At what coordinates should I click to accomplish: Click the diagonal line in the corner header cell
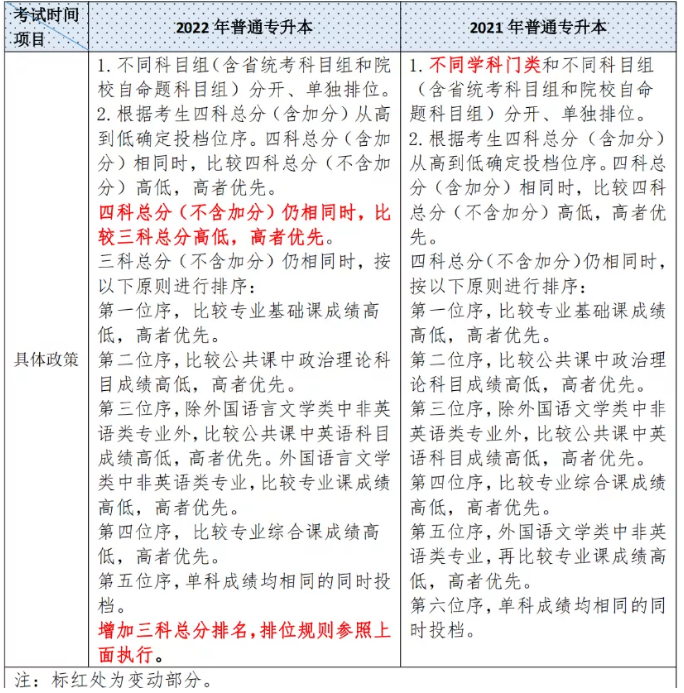click(46, 27)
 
